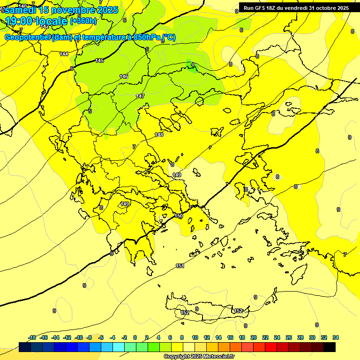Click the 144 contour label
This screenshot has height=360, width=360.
tap(64, 54)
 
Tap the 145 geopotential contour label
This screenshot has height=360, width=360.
tap(99, 61)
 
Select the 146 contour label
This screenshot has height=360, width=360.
tap(124, 76)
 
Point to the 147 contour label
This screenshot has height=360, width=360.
tap(140, 96)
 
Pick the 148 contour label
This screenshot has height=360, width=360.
tap(159, 135)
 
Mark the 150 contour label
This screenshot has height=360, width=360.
tap(179, 216)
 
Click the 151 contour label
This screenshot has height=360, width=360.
tap(180, 266)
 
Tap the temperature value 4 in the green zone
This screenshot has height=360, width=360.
tap(193, 65)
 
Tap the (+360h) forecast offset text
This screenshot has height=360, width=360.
tap(83, 21)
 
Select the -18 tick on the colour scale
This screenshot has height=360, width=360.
tap(32, 337)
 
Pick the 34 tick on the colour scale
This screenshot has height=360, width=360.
tap(336, 337)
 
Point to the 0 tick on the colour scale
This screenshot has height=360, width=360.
tap(135, 337)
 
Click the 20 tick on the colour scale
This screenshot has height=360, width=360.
tap(254, 337)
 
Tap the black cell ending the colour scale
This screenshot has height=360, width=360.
tap(330, 347)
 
